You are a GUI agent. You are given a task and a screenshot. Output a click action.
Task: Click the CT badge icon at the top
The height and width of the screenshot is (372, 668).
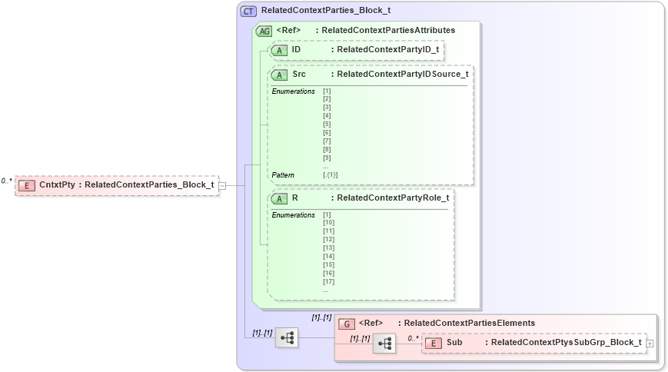(249, 12)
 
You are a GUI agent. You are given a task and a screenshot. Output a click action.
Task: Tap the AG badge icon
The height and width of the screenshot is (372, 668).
(264, 31)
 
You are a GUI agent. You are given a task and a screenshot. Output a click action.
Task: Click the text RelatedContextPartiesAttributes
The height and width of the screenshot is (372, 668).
(388, 31)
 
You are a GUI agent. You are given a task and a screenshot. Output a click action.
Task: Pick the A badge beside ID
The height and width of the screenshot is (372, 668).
(279, 50)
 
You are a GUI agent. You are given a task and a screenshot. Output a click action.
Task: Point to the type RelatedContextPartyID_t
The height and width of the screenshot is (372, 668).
(387, 50)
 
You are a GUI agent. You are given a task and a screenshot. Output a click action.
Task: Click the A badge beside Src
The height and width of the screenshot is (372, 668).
(279, 75)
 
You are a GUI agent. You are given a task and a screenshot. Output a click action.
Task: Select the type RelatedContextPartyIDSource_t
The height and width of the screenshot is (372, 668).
(402, 75)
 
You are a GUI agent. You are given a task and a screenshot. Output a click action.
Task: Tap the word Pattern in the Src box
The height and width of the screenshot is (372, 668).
(282, 175)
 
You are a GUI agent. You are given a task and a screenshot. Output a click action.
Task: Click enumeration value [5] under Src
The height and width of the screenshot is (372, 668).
(327, 124)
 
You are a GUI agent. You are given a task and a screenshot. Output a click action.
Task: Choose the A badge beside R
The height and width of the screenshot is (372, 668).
(279, 198)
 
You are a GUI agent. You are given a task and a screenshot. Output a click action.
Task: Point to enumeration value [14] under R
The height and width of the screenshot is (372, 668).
(328, 257)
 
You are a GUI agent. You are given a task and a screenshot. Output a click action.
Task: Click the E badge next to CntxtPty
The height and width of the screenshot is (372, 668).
(27, 185)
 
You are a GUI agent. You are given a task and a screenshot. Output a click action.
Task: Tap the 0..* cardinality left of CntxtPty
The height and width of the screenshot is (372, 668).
(6, 181)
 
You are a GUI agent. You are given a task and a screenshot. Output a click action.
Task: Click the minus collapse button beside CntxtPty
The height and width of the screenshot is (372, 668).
(222, 185)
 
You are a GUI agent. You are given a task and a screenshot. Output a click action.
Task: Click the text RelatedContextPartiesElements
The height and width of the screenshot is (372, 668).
(469, 324)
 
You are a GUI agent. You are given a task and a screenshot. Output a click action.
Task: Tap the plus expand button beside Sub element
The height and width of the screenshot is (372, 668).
(650, 343)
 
